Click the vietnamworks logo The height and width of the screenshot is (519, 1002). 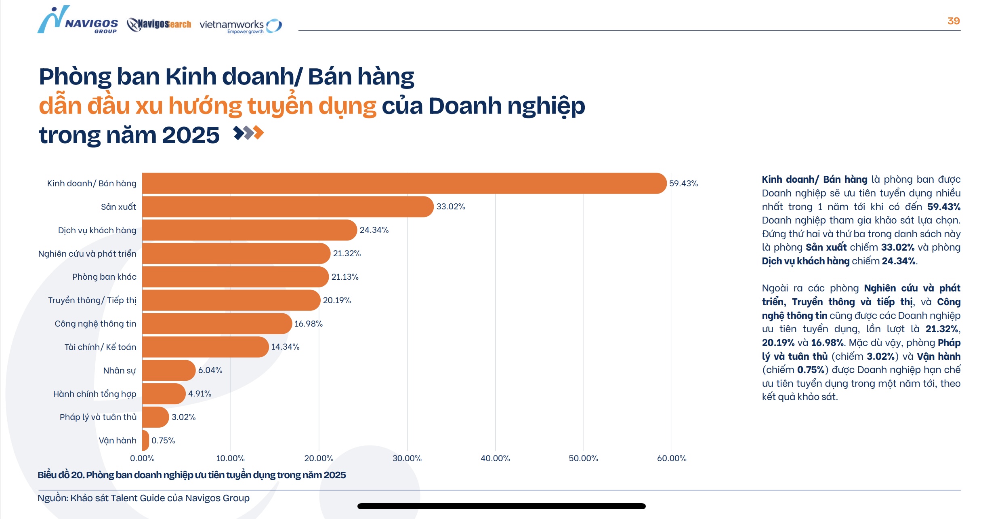pyautogui.click(x=240, y=25)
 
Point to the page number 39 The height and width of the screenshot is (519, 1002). pyautogui.click(x=953, y=21)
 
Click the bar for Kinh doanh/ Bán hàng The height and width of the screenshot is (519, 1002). pyautogui.click(x=404, y=183)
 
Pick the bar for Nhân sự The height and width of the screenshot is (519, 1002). pyautogui.click(x=168, y=370)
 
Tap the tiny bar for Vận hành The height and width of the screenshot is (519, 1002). pyautogui.click(x=145, y=441)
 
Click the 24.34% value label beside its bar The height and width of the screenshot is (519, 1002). pyautogui.click(x=374, y=230)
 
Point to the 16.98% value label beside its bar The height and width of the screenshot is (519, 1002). pyautogui.click(x=308, y=324)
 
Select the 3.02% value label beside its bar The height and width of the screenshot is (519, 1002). pyautogui.click(x=183, y=417)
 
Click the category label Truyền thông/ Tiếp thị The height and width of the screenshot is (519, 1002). pyautogui.click(x=92, y=300)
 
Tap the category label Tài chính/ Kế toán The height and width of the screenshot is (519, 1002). pyautogui.click(x=100, y=347)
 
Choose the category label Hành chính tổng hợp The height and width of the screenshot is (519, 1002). pyautogui.click(x=95, y=394)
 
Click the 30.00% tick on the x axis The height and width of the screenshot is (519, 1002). pyautogui.click(x=407, y=458)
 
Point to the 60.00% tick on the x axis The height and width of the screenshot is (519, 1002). pyautogui.click(x=671, y=458)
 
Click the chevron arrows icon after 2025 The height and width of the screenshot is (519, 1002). pyautogui.click(x=248, y=133)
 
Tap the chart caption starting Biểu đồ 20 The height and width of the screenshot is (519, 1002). pyautogui.click(x=191, y=475)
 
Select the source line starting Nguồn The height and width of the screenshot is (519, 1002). pyautogui.click(x=143, y=498)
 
